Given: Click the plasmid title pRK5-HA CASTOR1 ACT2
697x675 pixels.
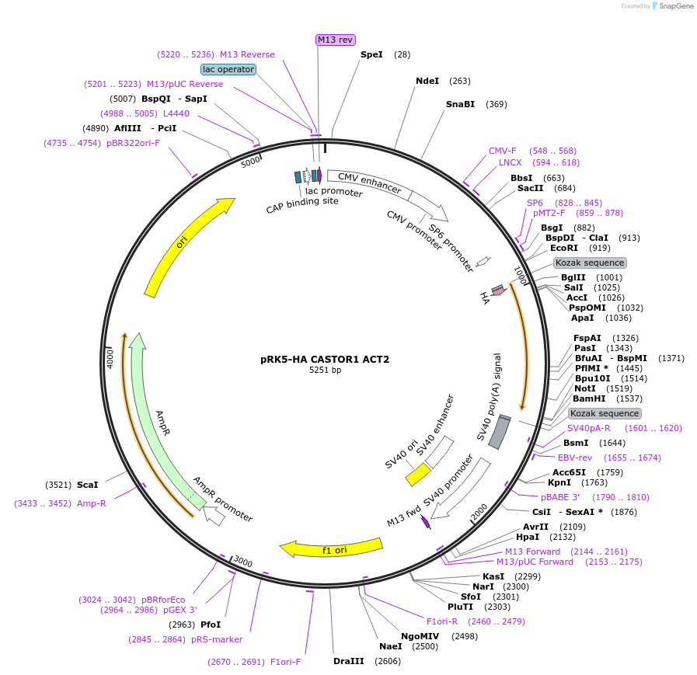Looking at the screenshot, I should click(325, 359).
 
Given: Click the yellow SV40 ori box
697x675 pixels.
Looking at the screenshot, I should click(418, 474).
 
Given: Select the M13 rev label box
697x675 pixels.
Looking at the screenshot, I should click(336, 40).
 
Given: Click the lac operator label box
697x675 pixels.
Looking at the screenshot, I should click(228, 69).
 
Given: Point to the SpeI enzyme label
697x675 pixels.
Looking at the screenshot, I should click(371, 54).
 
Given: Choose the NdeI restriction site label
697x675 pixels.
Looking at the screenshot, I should click(427, 81).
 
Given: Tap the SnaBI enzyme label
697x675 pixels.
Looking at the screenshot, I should click(460, 104).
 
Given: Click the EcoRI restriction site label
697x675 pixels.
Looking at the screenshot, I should click(564, 248).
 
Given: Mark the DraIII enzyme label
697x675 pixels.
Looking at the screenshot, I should click(349, 661).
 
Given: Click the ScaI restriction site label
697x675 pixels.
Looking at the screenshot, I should click(88, 485).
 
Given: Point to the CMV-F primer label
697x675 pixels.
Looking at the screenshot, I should click(503, 151).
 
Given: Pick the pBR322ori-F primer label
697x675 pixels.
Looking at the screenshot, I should click(133, 143).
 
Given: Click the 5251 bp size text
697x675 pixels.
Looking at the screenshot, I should click(325, 371).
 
